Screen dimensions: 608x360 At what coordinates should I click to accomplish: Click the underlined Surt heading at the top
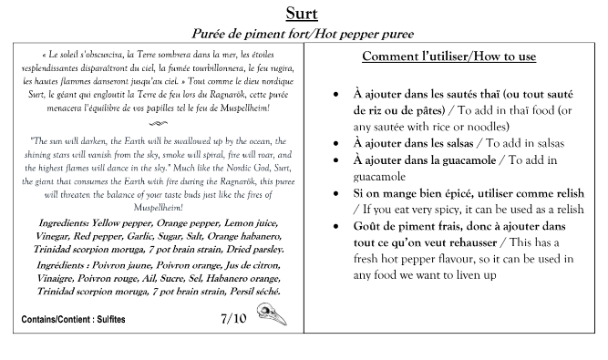coord(302,13)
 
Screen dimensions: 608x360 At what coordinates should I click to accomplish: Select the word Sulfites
coord(108,322)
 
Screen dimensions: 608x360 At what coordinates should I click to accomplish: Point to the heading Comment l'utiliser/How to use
coord(448,56)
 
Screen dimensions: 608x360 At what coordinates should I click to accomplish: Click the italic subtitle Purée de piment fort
coord(243,34)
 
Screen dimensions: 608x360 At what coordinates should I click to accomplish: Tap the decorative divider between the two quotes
coord(151,123)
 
